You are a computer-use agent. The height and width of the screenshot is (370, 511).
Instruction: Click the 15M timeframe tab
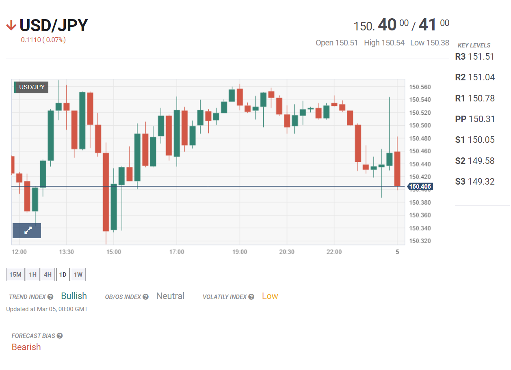tap(15, 275)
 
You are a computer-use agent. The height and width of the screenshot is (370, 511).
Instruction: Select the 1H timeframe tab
tap(33, 275)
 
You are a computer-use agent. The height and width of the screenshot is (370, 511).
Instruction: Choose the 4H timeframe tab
tap(48, 275)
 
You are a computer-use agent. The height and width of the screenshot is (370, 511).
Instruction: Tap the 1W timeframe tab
tap(78, 275)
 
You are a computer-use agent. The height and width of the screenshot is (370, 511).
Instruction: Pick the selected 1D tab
tap(63, 275)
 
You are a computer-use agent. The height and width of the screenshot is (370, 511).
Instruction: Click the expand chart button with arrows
tap(27, 230)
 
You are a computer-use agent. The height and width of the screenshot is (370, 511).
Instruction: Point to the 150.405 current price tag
tap(420, 187)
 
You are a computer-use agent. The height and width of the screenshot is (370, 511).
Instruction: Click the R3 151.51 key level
tap(475, 56)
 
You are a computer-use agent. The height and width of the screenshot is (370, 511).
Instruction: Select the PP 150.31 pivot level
tap(475, 119)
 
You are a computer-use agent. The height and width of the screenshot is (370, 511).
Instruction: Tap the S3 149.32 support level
tap(475, 181)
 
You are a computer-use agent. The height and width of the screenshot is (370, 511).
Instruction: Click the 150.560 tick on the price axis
tap(420, 87)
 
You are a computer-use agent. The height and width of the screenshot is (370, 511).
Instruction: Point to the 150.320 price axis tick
tap(420, 241)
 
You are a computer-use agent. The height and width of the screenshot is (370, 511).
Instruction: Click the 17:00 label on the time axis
tap(177, 252)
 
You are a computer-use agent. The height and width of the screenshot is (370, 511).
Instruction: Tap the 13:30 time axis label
tap(67, 252)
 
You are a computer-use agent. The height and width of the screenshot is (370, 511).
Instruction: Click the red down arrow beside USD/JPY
tap(11, 26)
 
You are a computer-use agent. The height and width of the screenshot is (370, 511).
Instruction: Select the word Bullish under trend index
tap(74, 296)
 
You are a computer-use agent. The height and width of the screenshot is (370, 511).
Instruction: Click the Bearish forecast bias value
tap(26, 347)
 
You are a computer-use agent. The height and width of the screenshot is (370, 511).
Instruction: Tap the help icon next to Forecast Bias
tap(60, 336)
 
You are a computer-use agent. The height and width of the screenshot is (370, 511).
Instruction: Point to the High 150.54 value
tap(384, 43)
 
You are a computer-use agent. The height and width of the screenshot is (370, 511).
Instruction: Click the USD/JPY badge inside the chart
tap(32, 87)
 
